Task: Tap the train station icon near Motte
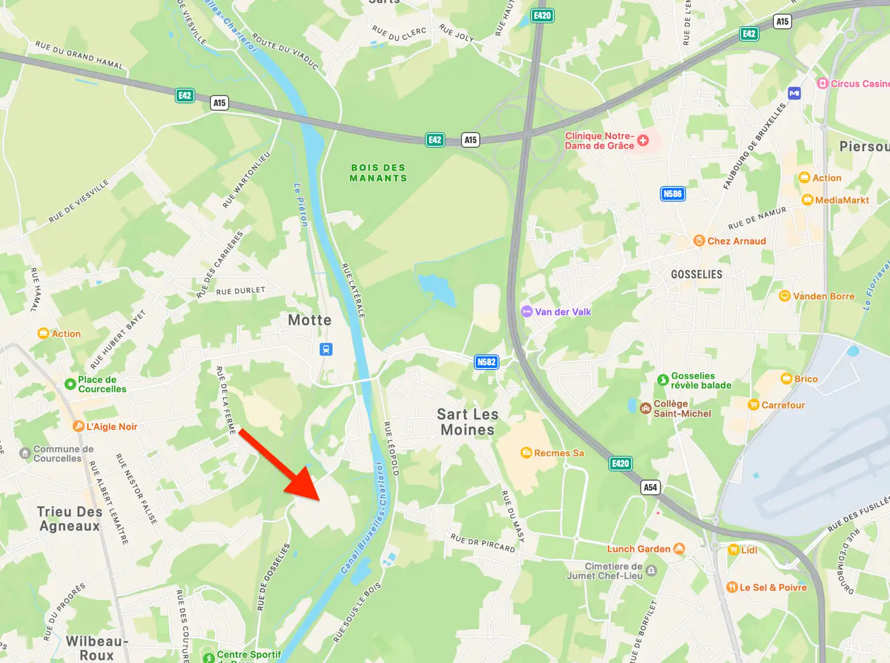point(326,349)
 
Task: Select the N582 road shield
point(486,362)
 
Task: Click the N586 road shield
point(672,194)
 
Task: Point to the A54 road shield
point(650,487)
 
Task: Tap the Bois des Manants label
point(379,173)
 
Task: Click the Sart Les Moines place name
point(468,422)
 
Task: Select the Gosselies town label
point(697,275)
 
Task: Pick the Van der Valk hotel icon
point(527,312)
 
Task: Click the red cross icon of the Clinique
point(643,140)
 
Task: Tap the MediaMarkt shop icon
point(808,200)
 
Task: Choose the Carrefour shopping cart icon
point(753,405)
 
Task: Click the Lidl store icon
point(734,550)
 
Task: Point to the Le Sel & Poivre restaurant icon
point(732,587)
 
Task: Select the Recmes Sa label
point(559,453)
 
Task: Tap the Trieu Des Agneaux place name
point(70,519)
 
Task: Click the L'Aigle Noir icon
point(79,427)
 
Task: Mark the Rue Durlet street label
point(240,291)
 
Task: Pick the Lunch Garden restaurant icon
point(679,549)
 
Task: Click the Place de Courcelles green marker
point(70,384)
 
